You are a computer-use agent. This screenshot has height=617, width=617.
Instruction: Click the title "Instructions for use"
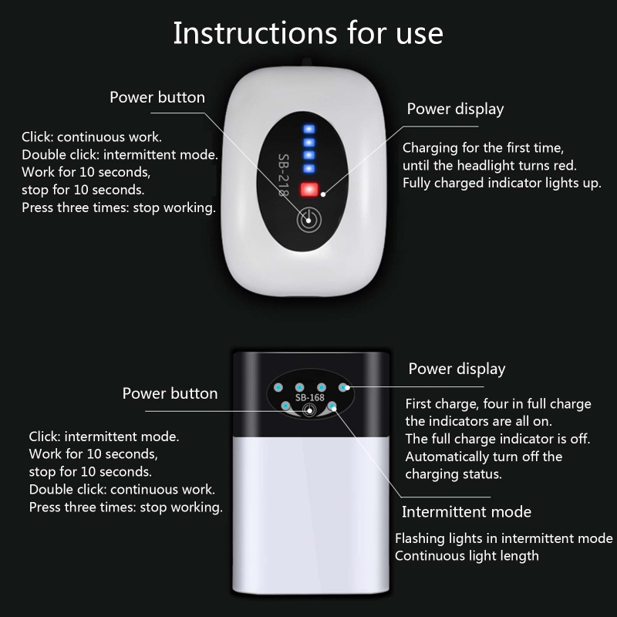click(308, 33)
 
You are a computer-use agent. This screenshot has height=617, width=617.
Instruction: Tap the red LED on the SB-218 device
click(309, 189)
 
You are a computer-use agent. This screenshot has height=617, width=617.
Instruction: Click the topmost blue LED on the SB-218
click(309, 129)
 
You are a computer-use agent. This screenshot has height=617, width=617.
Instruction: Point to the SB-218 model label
click(283, 175)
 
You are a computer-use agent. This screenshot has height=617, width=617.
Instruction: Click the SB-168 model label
click(310, 397)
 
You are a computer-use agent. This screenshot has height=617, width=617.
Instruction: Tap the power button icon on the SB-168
click(309, 411)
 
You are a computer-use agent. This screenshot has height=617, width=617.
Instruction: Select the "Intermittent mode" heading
click(467, 512)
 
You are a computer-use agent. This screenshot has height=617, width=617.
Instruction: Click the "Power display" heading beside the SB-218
click(455, 109)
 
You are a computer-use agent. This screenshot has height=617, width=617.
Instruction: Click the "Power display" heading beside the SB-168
click(457, 369)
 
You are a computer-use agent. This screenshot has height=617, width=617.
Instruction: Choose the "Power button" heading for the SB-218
click(157, 97)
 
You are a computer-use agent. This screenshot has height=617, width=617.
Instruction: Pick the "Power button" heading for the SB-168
click(170, 393)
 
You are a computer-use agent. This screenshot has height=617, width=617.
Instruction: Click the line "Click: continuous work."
click(92, 137)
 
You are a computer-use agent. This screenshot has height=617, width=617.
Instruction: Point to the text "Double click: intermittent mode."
click(120, 155)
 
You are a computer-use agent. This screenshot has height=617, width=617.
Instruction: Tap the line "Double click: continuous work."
click(122, 490)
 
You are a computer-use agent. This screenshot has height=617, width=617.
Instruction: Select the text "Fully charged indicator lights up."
click(502, 184)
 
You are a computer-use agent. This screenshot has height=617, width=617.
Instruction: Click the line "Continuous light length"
click(467, 556)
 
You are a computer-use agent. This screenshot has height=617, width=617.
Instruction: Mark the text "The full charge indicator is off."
click(497, 439)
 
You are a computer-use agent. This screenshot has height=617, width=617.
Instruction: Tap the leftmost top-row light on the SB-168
click(278, 388)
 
